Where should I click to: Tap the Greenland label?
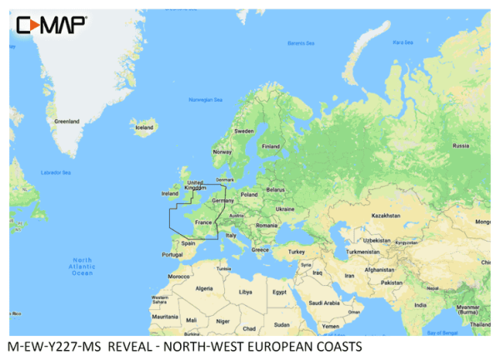point(67,122)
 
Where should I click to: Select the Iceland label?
point(144,127)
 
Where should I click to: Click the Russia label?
point(460,146)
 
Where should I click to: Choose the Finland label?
point(271,146)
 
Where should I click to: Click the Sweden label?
point(244,132)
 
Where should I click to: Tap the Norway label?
point(222,152)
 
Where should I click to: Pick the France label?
point(203,222)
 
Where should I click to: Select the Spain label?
point(187,243)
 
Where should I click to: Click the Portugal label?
point(172,254)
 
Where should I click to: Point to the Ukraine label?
point(284,209)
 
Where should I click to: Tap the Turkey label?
point(297,252)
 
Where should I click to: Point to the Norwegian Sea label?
point(205,100)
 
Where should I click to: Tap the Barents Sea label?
point(298,42)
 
